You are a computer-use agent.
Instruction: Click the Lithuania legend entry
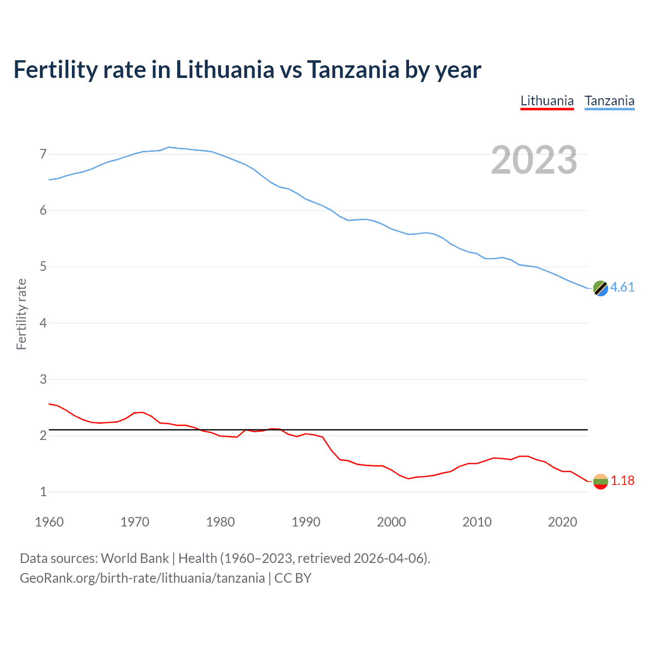pos(547,101)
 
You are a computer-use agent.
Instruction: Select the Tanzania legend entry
pos(609,101)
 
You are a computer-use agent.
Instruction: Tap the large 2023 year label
pos(534,160)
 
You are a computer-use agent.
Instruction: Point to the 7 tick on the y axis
pos(43,154)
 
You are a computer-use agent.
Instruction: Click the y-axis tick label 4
pos(43,323)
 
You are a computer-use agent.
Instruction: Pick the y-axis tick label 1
pos(43,492)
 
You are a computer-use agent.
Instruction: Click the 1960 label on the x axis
pos(49,522)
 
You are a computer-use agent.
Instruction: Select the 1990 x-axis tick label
pos(306,522)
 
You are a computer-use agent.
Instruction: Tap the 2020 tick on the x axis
pos(562,522)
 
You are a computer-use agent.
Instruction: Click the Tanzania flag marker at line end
pos(600,288)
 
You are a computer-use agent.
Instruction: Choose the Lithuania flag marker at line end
pos(600,481)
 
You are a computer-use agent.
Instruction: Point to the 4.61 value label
pos(622,287)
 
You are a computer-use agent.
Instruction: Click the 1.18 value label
pos(622,480)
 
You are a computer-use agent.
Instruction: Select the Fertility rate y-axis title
pos(21,314)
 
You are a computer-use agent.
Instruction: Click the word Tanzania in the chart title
pos(353,69)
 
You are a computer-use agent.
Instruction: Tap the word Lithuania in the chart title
pos(225,69)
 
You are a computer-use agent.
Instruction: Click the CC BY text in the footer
pos(293,578)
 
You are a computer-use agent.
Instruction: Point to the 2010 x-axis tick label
pos(477,522)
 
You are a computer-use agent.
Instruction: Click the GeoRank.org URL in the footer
pos(142,578)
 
